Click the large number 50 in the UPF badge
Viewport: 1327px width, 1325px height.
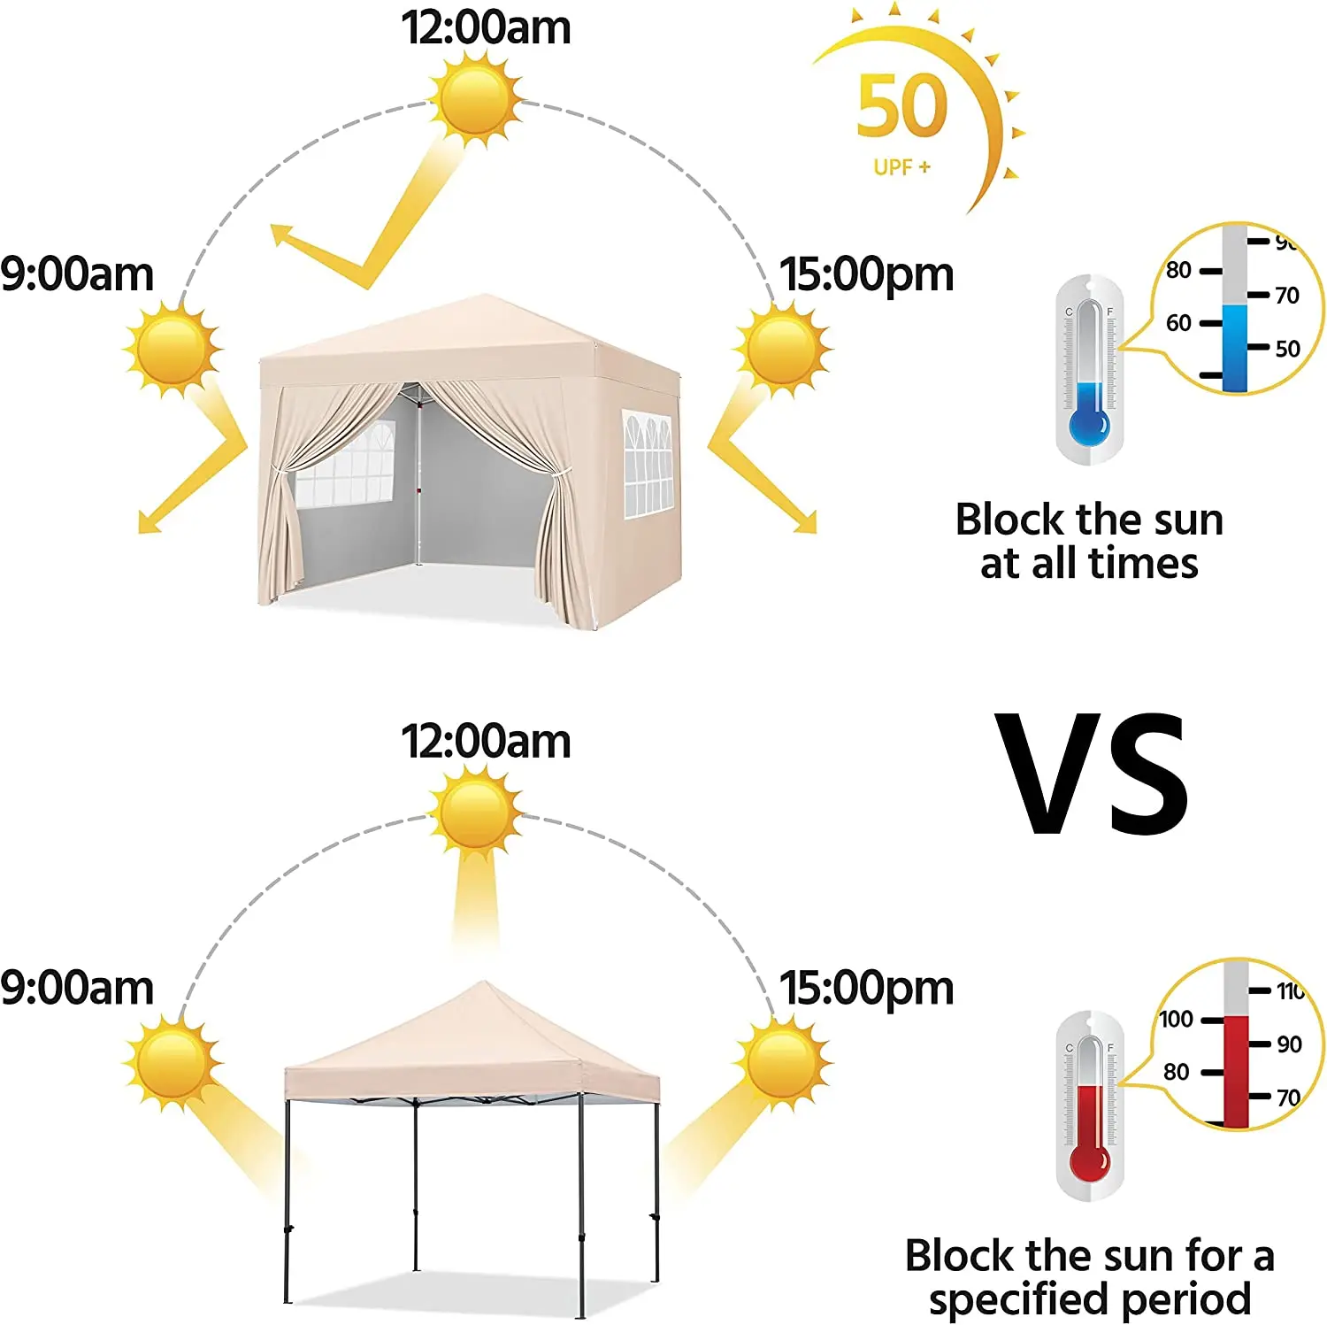pos(901,106)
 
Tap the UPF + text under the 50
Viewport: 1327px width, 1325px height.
pos(901,167)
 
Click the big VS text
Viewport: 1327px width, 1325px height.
pos(1092,774)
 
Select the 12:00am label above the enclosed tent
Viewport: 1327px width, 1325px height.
pos(486,27)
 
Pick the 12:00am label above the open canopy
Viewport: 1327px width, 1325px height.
pos(486,741)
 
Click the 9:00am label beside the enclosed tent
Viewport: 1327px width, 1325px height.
pos(77,274)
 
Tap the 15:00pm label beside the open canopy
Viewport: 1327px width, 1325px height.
pos(866,988)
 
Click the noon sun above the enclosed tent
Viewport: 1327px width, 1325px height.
pos(475,96)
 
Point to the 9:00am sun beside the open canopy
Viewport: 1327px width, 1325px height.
pos(173,1061)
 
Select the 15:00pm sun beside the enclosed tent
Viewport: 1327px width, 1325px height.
pos(782,347)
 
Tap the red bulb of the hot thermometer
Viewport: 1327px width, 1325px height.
pos(1089,1163)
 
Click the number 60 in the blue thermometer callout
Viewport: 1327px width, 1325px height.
pos(1178,323)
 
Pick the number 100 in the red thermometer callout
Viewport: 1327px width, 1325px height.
pos(1177,1020)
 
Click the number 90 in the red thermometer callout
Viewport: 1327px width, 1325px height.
pos(1289,1044)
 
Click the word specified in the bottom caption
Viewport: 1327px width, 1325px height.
pos(1006,1299)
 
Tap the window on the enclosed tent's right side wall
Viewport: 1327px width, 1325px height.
pos(648,463)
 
